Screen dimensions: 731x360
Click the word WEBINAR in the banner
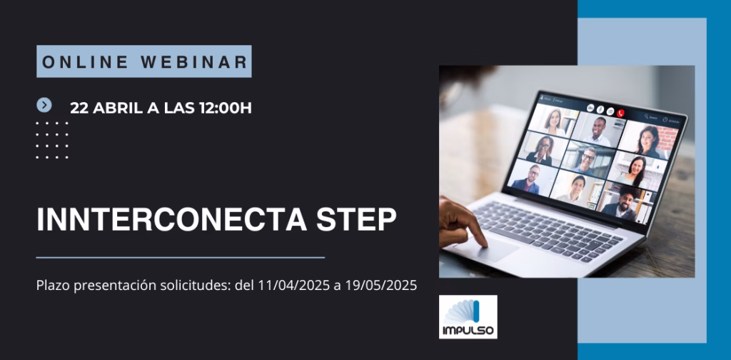pyautogui.click(x=193, y=62)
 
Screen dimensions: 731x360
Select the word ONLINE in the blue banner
pyautogui.click(x=86, y=62)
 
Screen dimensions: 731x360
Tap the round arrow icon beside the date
pyautogui.click(x=44, y=106)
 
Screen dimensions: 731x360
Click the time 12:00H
pyautogui.click(x=225, y=108)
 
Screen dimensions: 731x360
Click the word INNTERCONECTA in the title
pyautogui.click(x=171, y=219)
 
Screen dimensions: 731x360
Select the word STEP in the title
pyautogui.click(x=357, y=219)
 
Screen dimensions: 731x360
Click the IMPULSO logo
pyautogui.click(x=468, y=316)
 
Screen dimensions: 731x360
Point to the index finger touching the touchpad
pyautogui.click(x=475, y=231)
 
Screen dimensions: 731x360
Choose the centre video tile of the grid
pyautogui.click(x=588, y=160)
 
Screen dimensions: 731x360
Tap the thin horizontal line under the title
pyautogui.click(x=181, y=257)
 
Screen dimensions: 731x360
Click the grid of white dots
pyautogui.click(x=52, y=141)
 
